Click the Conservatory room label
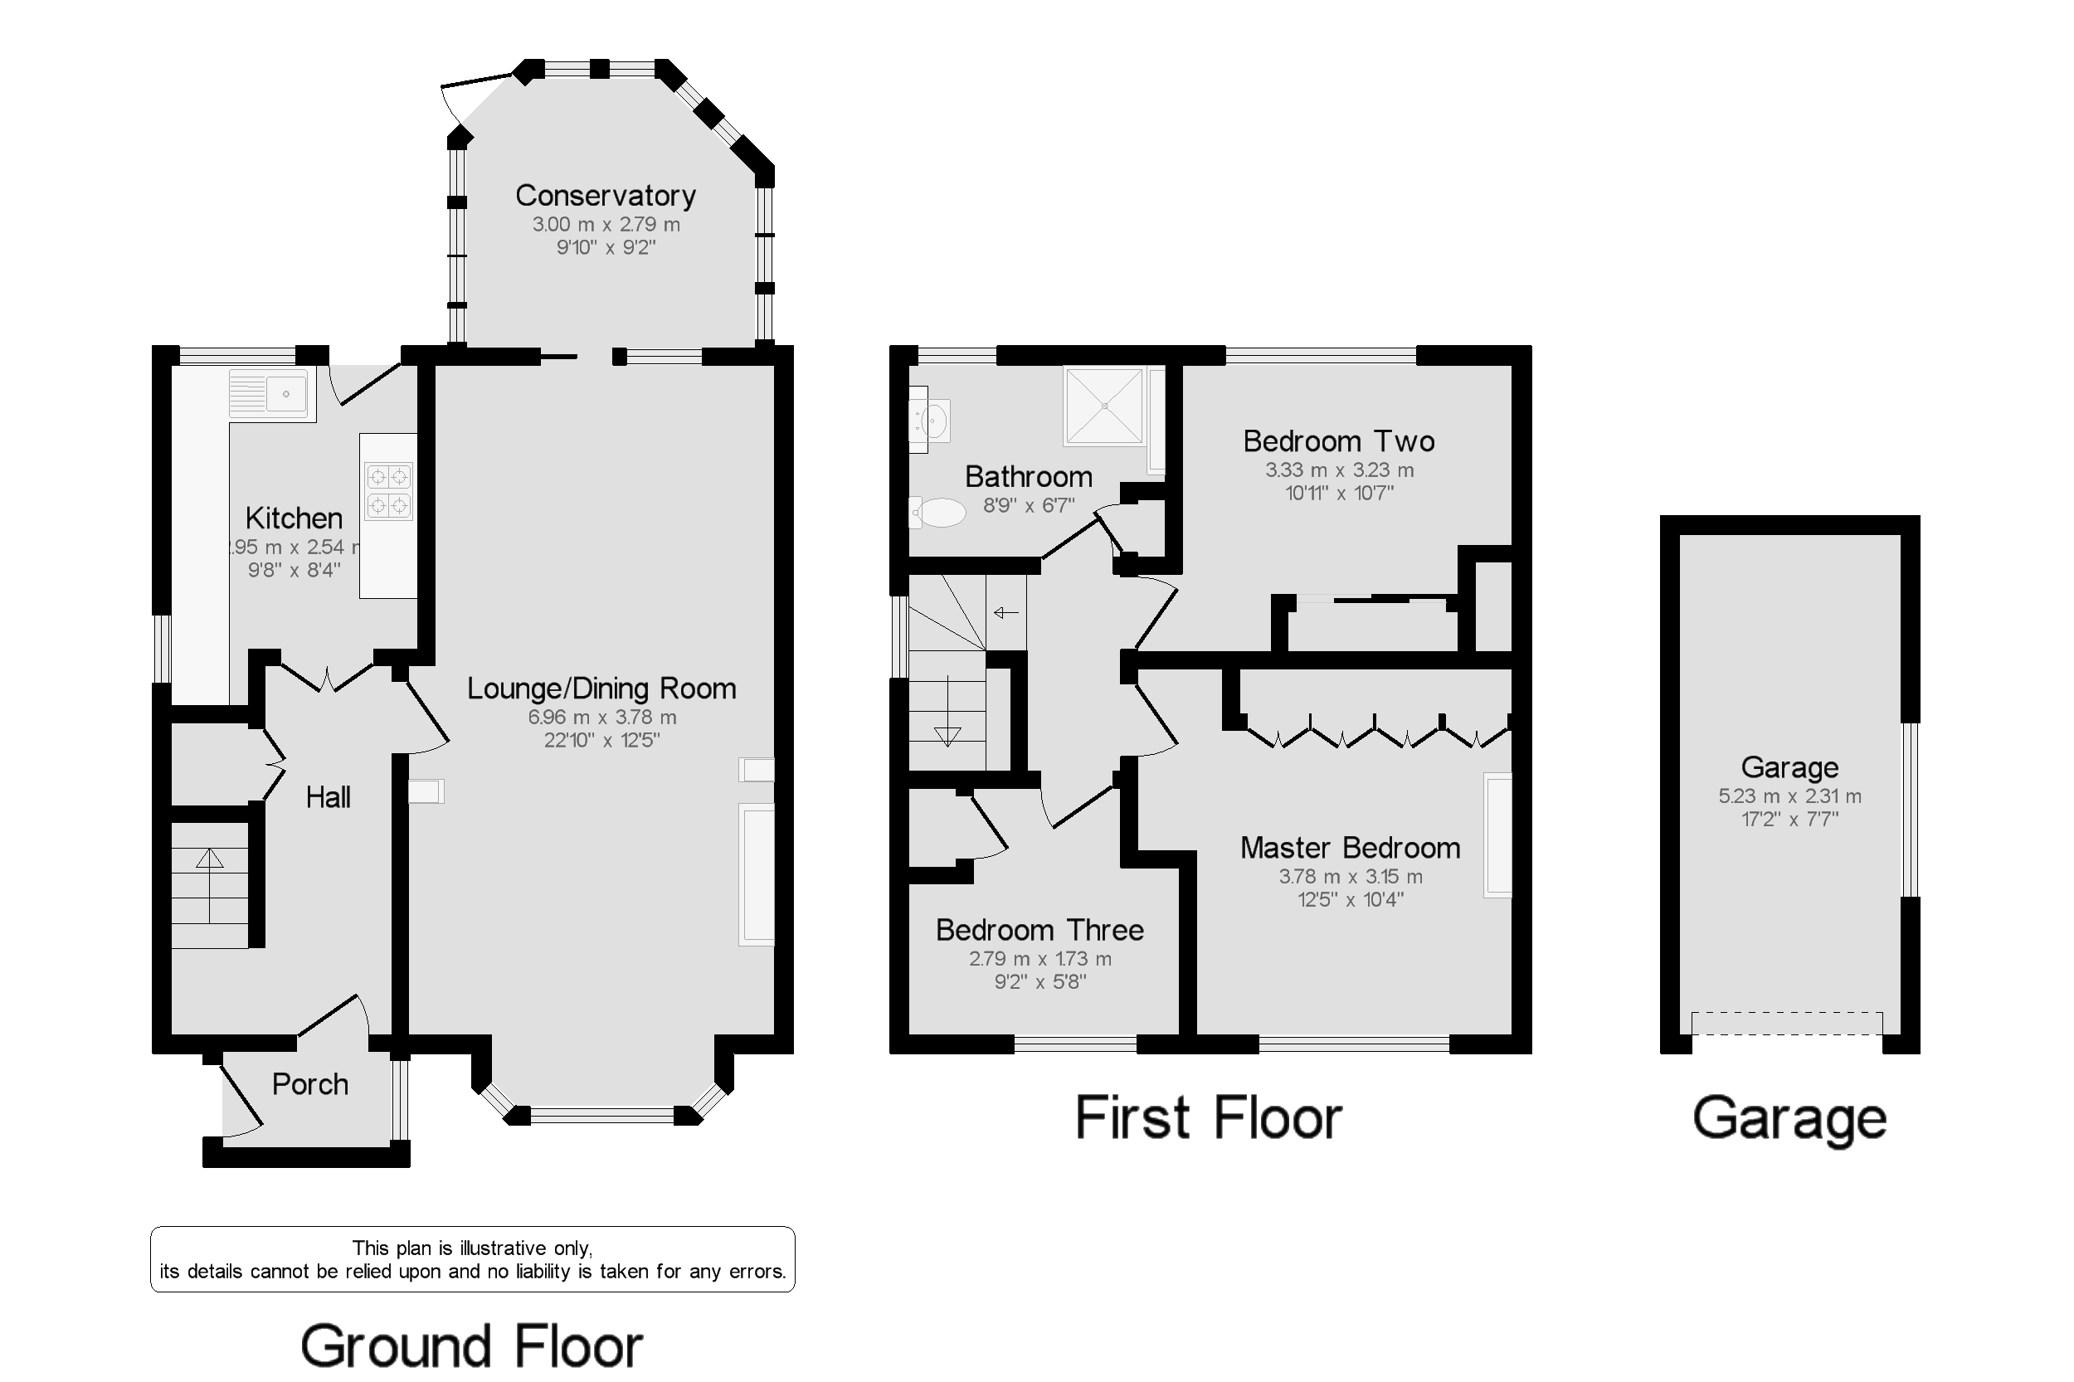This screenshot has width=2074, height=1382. coord(606,195)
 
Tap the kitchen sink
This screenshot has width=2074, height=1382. coord(269,393)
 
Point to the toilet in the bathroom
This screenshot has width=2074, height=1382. coord(937,512)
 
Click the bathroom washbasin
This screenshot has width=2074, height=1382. coord(931,421)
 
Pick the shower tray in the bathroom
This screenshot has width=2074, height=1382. coord(1103,406)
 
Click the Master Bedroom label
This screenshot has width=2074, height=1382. coord(1350,847)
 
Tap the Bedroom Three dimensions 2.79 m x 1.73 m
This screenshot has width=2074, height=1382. coord(1040,958)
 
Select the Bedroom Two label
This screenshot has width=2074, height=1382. coord(1339,440)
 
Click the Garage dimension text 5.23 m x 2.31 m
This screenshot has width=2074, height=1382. coord(1789,796)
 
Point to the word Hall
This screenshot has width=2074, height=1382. coord(328,796)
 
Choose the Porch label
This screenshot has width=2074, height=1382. coord(309,1083)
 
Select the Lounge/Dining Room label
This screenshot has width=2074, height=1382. coord(601,689)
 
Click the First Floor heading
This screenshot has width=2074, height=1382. coord(1209,1117)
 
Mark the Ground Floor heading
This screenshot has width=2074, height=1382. coord(471,1346)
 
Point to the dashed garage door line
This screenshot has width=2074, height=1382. coord(1788,1022)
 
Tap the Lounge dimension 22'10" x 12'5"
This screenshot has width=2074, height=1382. coord(602,739)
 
